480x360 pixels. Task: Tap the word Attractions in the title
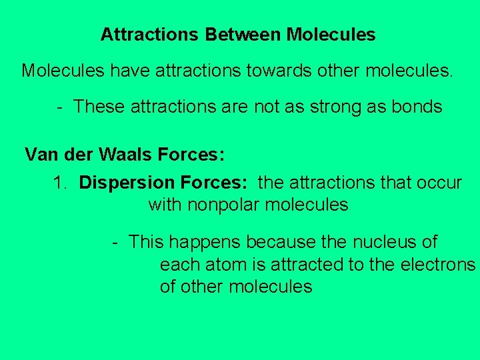click(x=149, y=35)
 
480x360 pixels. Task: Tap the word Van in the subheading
click(x=41, y=155)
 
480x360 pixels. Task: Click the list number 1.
click(x=61, y=183)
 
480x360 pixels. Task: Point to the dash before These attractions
click(x=60, y=107)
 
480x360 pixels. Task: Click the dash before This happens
click(x=115, y=242)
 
